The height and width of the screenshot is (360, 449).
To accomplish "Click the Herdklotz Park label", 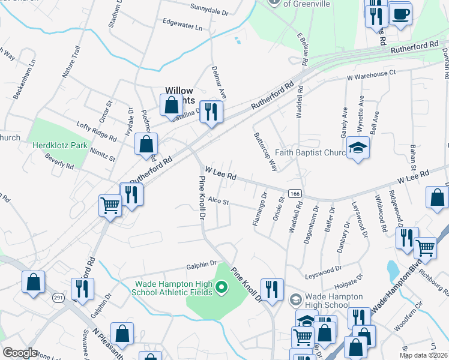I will coord(60,145).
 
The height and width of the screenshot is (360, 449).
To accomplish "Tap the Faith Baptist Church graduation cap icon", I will coord(358,148).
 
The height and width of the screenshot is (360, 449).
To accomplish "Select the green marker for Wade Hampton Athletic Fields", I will coord(221,288).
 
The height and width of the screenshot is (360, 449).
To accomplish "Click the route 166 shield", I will coord(294,193).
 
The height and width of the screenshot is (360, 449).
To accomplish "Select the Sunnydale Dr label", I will coord(209,11).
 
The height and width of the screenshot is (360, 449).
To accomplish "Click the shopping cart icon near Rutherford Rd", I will coord(110,205).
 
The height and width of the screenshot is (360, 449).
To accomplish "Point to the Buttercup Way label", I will coord(265,152).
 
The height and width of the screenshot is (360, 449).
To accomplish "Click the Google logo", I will coord(20,352).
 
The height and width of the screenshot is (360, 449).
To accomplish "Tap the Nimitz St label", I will coord(103,150).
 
